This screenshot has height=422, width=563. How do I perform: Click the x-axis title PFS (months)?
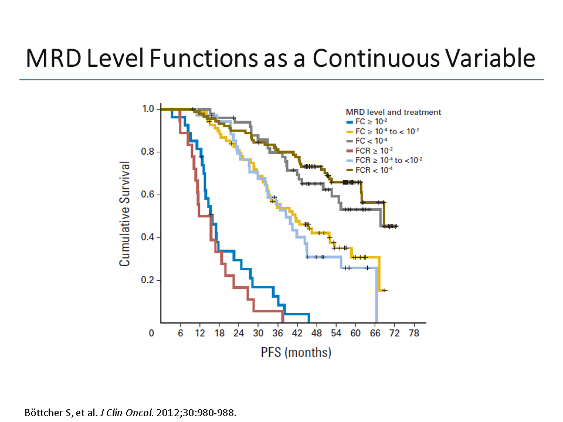[296, 352]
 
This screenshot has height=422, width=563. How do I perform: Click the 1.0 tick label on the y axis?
[149, 109]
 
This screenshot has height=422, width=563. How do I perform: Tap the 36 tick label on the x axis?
[277, 333]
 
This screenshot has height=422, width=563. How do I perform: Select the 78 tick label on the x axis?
[414, 333]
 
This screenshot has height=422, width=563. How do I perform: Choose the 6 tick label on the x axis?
[180, 333]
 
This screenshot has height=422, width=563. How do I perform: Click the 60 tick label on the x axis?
[355, 333]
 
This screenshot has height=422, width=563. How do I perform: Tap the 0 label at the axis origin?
[151, 333]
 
